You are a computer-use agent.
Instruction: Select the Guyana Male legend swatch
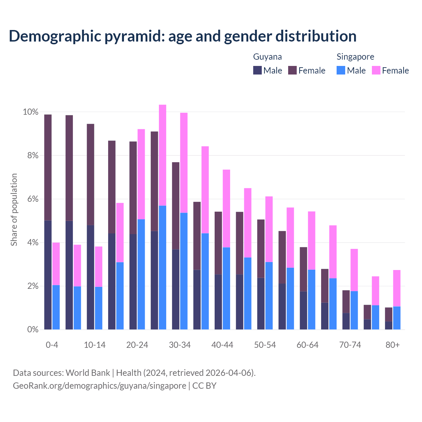pyautogui.click(x=257, y=70)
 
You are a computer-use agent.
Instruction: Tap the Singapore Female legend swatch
pyautogui.click(x=376, y=70)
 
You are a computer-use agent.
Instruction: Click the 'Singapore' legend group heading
pyautogui.click(x=355, y=57)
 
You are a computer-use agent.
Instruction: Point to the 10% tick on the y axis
pyautogui.click(x=31, y=112)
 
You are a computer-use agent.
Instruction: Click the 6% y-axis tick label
pyautogui.click(x=32, y=199)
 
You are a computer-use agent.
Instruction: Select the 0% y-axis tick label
pyautogui.click(x=32, y=329)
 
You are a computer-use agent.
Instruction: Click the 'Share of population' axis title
pyautogui.click(x=14, y=210)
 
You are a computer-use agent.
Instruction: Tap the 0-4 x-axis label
pyautogui.click(x=52, y=345)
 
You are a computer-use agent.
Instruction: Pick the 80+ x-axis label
pyautogui.click(x=393, y=345)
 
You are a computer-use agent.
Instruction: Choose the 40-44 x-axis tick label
pyautogui.click(x=222, y=345)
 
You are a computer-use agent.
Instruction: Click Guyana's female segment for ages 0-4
pyautogui.click(x=48, y=167)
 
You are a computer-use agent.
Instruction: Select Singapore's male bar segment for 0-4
pyautogui.click(x=56, y=307)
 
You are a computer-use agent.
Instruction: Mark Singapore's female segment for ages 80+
pyautogui.click(x=397, y=288)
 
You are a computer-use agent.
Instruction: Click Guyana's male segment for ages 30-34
pyautogui.click(x=176, y=289)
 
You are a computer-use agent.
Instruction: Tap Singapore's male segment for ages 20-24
pyautogui.click(x=141, y=274)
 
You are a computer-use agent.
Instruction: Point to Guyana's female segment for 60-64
pyautogui.click(x=303, y=269)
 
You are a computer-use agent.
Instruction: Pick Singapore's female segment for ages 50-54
pyautogui.click(x=269, y=229)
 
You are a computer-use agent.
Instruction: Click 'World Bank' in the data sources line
pyautogui.click(x=88, y=373)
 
